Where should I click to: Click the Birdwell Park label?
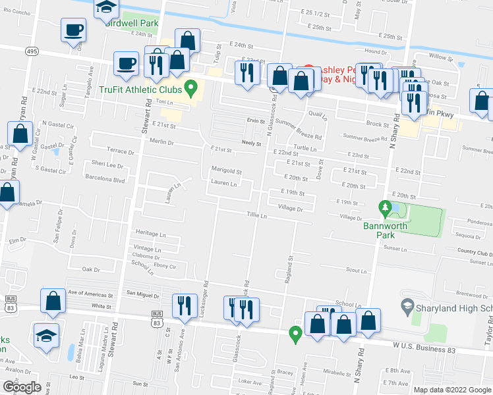click(132, 22)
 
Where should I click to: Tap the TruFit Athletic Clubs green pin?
click(191, 86)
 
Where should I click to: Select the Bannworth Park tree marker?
click(386, 209)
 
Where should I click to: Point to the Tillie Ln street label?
click(256, 215)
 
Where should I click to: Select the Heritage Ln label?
click(151, 234)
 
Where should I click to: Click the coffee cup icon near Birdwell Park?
click(73, 30)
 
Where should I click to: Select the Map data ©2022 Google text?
click(451, 390)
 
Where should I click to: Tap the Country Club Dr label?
click(475, 252)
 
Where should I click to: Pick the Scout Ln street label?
click(356, 271)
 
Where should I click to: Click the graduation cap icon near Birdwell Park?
click(105, 8)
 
